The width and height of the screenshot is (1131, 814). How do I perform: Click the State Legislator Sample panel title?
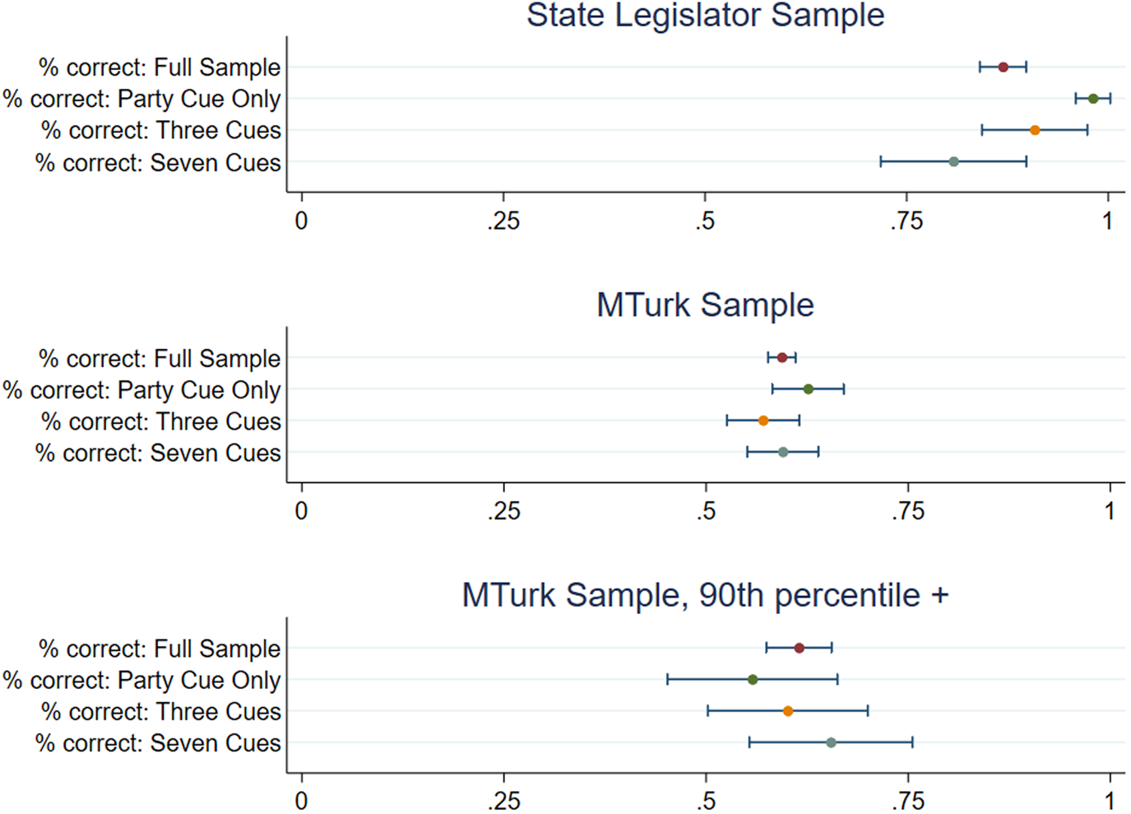tap(705, 16)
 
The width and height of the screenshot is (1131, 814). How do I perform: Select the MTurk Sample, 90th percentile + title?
tap(705, 595)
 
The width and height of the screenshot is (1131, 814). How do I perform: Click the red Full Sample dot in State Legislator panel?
tap(1003, 67)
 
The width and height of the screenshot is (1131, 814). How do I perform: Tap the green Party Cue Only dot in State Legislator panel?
tap(1093, 99)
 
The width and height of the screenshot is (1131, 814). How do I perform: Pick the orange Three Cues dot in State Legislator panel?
tap(1035, 130)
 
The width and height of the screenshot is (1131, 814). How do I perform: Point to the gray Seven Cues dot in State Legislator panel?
tap(953, 161)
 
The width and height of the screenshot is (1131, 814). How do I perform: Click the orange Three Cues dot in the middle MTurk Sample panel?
tap(763, 421)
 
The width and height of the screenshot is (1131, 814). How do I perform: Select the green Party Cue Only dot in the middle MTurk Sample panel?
tap(809, 389)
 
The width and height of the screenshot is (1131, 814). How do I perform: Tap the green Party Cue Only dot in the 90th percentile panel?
tap(753, 679)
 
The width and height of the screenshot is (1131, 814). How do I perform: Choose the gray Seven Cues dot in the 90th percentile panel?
tap(831, 742)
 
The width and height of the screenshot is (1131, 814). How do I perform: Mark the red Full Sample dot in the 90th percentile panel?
tap(799, 648)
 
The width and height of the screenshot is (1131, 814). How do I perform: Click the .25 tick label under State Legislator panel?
tap(503, 221)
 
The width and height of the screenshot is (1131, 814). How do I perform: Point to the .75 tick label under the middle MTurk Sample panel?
tap(907, 511)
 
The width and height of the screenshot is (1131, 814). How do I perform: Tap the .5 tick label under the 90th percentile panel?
tap(706, 801)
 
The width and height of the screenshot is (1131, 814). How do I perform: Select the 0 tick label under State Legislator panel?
tap(302, 221)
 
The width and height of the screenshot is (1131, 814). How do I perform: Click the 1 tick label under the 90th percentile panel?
tap(1110, 801)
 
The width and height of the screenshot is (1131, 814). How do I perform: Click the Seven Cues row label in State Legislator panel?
tap(158, 163)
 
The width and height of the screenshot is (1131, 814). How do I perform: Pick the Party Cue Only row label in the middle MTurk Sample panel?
tap(141, 390)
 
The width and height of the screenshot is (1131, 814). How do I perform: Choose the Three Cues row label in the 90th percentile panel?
tap(161, 712)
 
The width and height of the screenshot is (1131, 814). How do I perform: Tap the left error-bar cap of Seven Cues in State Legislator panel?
tap(881, 161)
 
